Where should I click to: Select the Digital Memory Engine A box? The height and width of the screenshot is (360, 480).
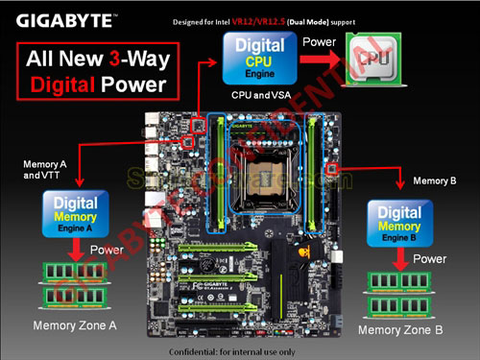pyautogui.click(x=75, y=214)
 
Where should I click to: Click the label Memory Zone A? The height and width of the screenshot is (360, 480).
pyautogui.click(x=75, y=325)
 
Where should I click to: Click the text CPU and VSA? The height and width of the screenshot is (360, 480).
pyautogui.click(x=262, y=96)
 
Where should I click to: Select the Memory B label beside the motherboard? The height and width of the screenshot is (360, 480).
pyautogui.click(x=433, y=180)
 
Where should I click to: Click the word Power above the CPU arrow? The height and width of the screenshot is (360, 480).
pyautogui.click(x=320, y=42)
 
